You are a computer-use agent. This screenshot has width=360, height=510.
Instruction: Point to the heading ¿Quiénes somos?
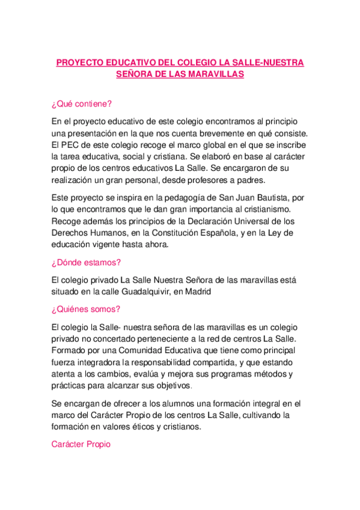(x=86, y=309)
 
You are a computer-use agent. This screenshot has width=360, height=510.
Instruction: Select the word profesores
(x=196, y=180)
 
